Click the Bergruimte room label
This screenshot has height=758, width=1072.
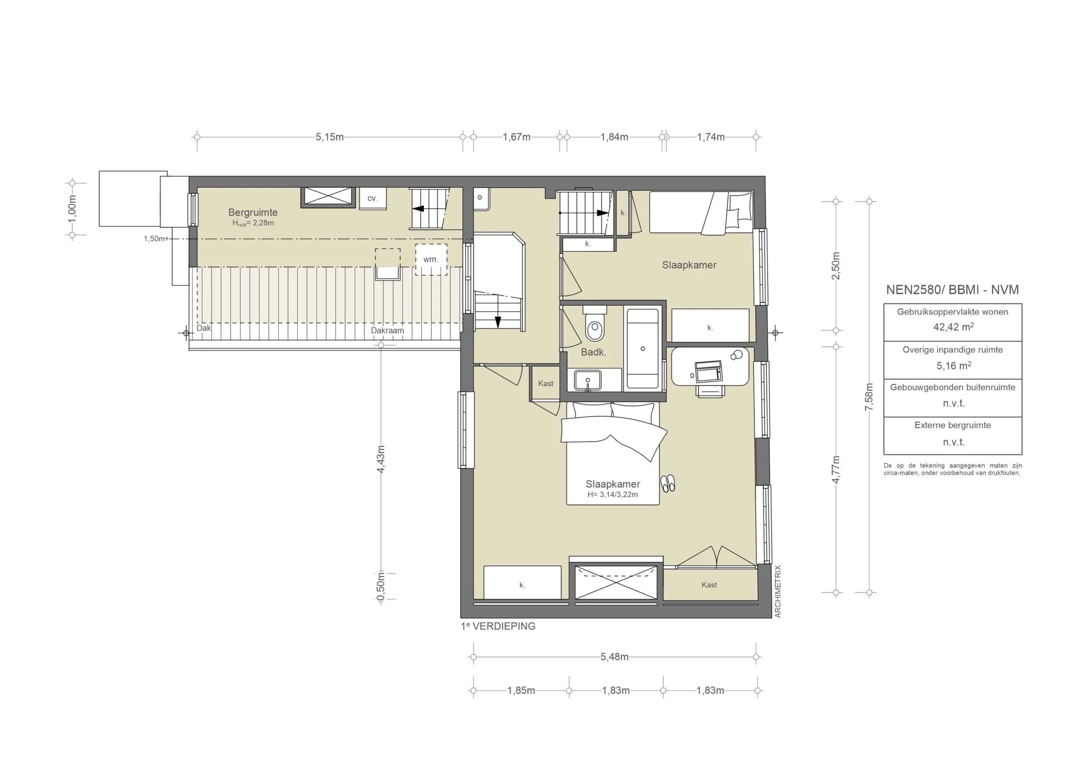click(253, 212)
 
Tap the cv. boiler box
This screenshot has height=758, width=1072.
click(372, 199)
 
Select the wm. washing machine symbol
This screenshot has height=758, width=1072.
click(431, 259)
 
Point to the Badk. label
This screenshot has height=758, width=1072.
click(593, 352)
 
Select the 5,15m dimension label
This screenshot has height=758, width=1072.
click(329, 137)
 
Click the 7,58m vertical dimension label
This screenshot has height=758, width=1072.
click(869, 397)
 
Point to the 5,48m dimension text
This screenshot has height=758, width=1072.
click(614, 657)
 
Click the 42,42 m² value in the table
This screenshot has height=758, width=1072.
click(953, 327)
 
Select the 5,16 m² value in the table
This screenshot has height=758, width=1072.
click(953, 366)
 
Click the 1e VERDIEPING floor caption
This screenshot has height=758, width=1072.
click(498, 627)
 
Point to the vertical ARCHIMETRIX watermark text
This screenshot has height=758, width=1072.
click(777, 591)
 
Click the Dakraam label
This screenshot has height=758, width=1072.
click(387, 330)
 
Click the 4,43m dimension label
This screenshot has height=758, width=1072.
click(381, 459)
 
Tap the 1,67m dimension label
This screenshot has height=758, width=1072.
click(516, 137)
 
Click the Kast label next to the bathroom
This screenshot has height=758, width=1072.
click(545, 384)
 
